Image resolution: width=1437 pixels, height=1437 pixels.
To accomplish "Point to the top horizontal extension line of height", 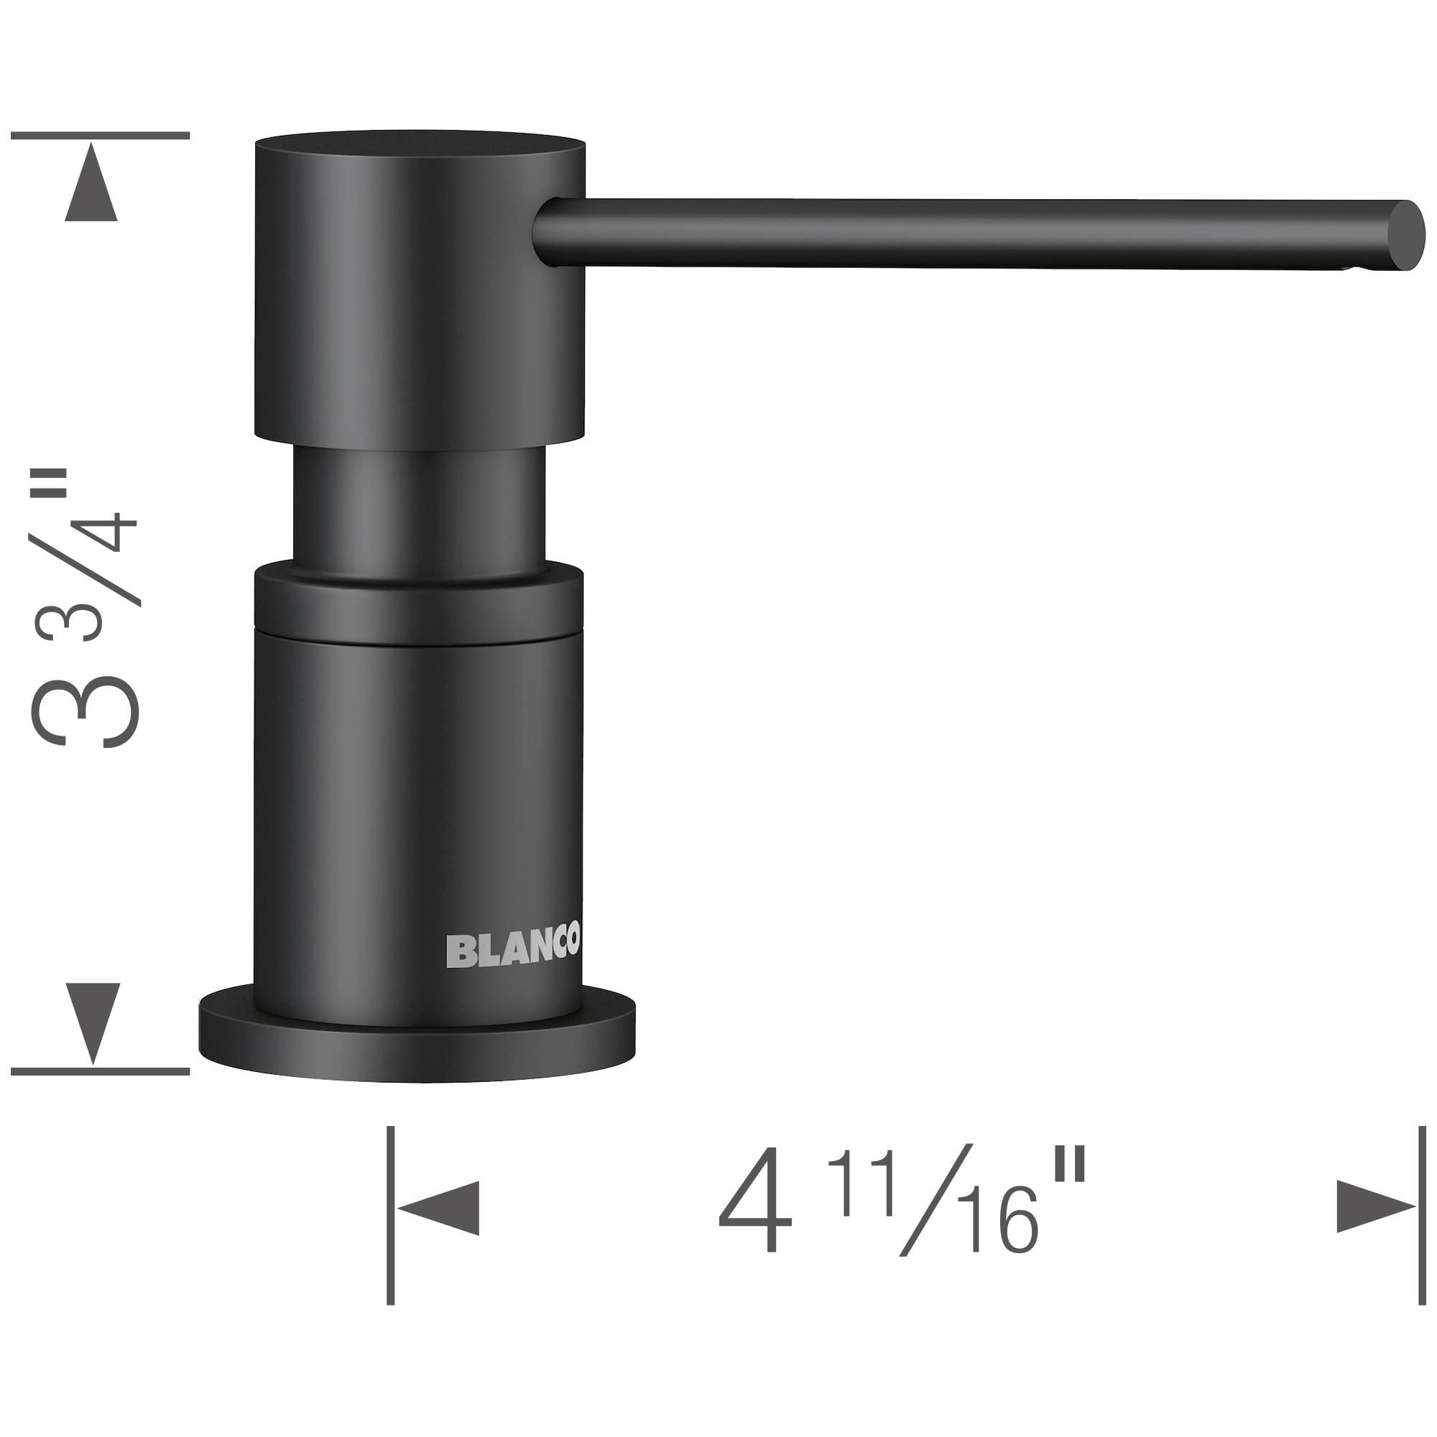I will (101, 136).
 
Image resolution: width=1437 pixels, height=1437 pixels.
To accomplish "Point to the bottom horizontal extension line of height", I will (101, 1072).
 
